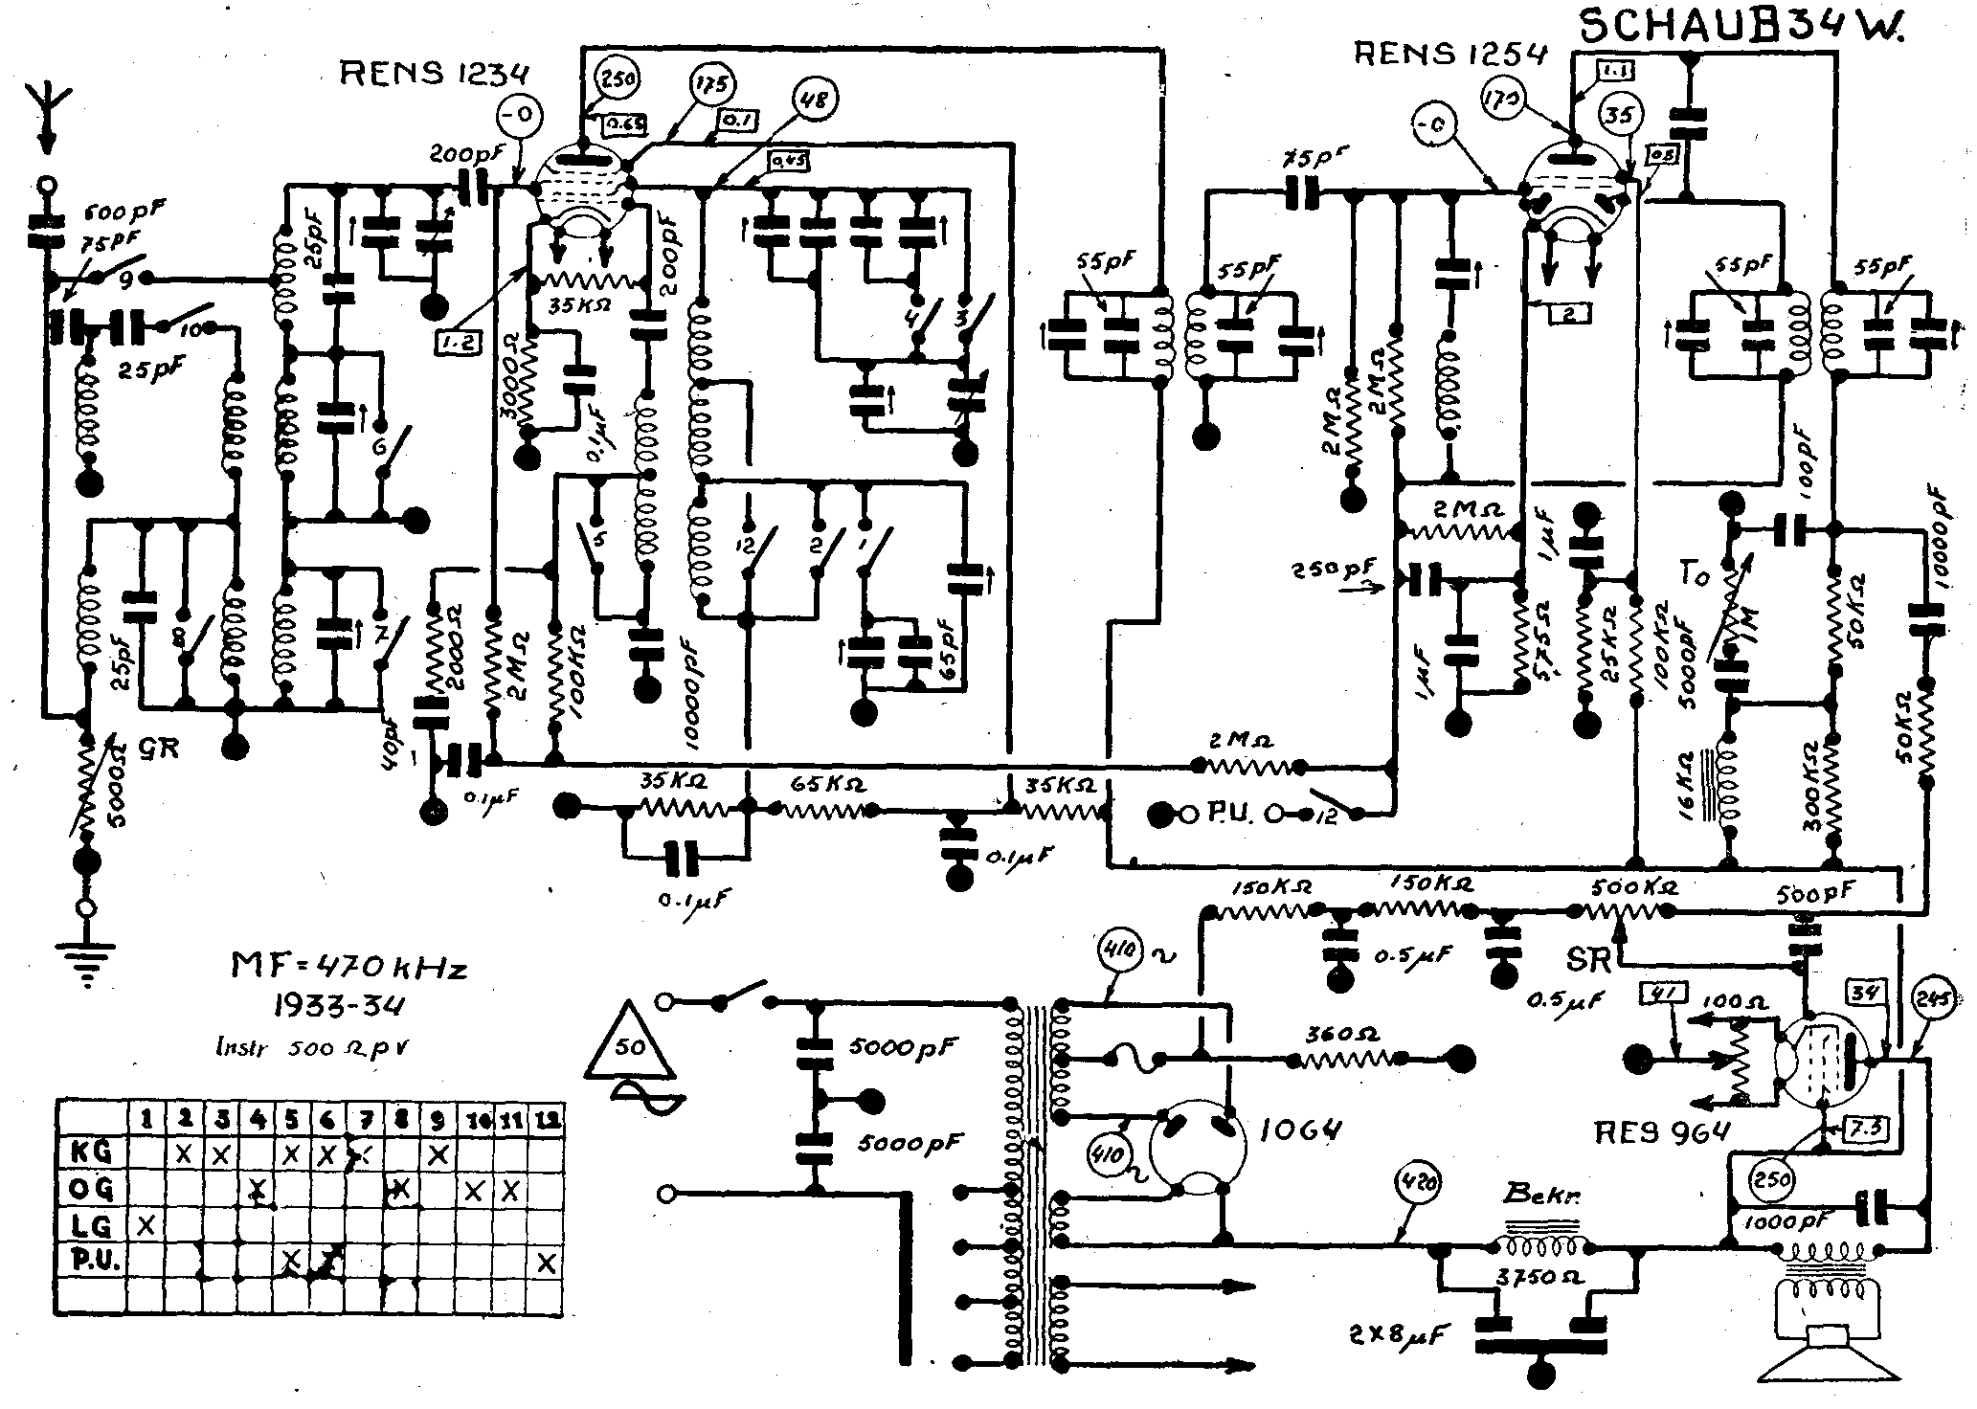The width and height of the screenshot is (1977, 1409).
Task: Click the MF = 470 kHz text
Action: [349, 969]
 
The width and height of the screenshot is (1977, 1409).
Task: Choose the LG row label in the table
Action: [92, 1225]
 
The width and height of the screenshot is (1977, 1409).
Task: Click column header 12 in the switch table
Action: [547, 1117]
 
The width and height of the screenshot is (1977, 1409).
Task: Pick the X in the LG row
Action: [146, 1225]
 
